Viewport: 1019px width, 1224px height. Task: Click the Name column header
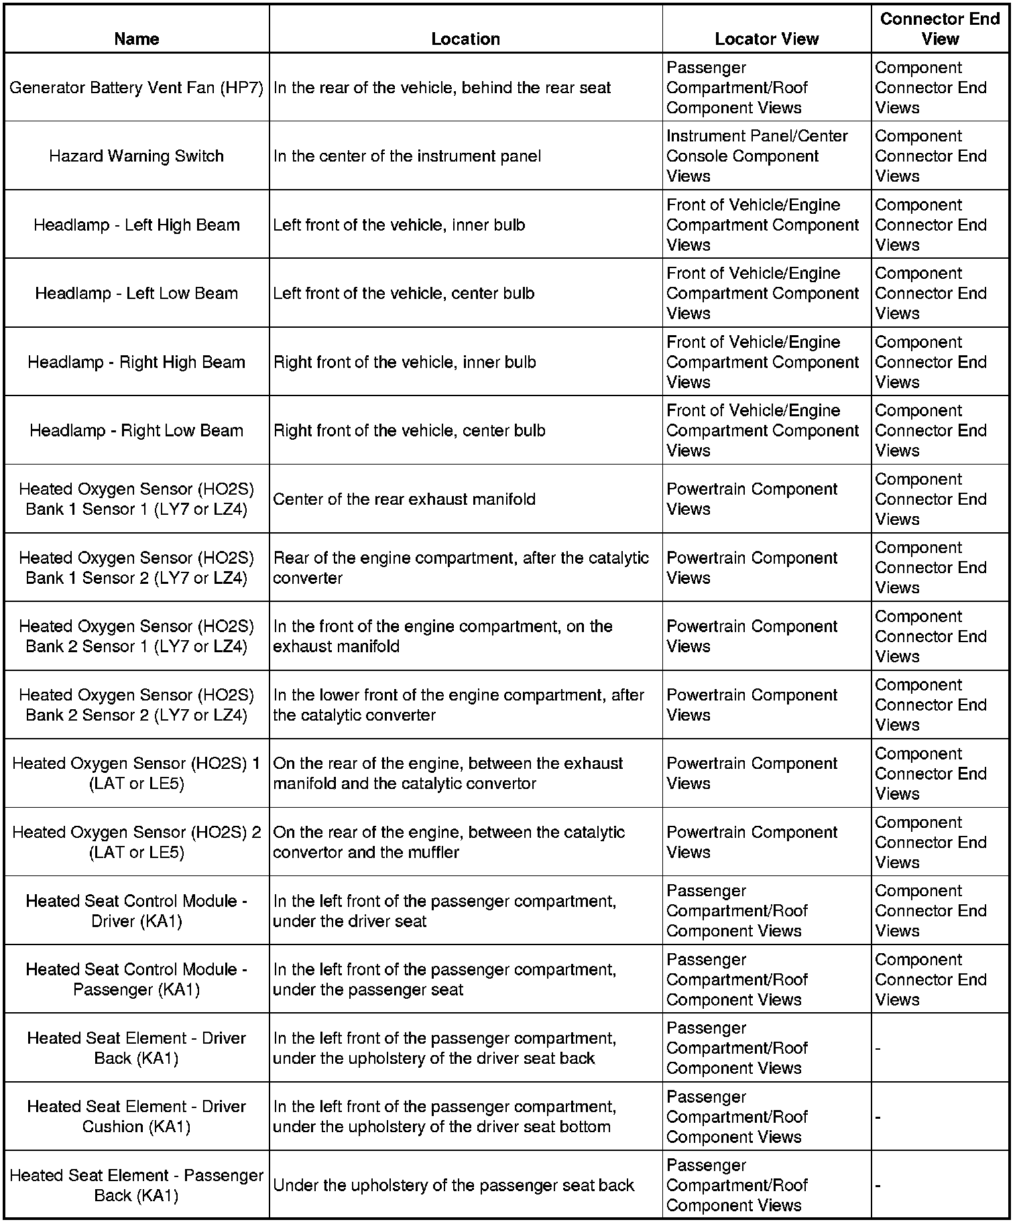tap(136, 39)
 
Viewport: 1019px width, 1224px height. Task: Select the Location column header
tap(465, 39)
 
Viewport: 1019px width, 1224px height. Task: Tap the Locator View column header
tap(766, 39)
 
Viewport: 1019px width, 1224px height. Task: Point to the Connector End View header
tap(939, 29)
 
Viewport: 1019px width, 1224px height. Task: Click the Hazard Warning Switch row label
tap(136, 156)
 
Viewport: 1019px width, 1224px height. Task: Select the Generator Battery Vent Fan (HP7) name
tap(136, 88)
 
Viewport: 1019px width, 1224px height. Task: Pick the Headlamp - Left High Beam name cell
tap(136, 225)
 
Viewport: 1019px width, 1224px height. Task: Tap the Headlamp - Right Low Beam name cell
tap(136, 430)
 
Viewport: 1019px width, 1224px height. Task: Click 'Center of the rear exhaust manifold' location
tap(404, 499)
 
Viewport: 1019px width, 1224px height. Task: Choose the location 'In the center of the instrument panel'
tap(407, 156)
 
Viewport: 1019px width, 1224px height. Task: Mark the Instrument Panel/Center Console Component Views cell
tap(757, 156)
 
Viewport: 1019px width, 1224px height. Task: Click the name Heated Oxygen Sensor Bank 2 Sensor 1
tap(136, 636)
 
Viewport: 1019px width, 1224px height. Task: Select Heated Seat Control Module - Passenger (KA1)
tap(136, 979)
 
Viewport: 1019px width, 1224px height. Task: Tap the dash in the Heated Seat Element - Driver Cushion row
tap(878, 1117)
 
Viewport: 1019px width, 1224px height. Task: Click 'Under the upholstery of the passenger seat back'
tap(453, 1185)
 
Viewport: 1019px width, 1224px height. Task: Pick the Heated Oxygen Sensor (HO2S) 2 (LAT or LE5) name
tap(136, 842)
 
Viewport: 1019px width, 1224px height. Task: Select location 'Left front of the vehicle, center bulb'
tap(404, 294)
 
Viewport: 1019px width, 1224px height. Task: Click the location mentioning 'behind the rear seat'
tap(442, 88)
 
